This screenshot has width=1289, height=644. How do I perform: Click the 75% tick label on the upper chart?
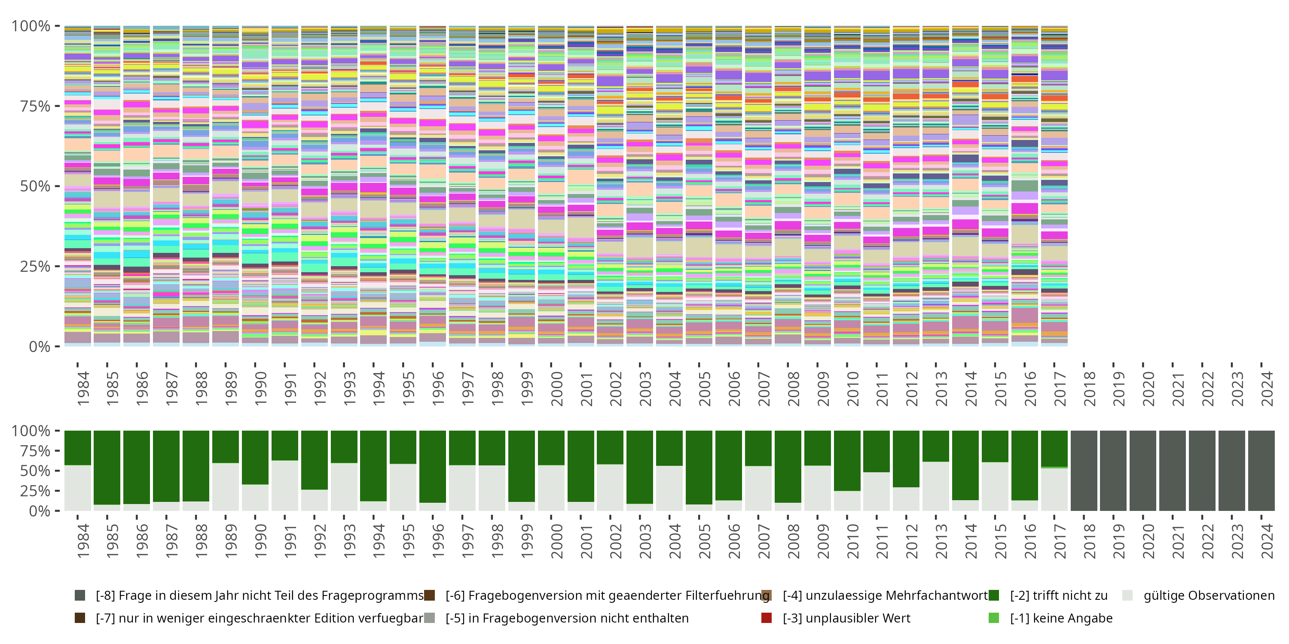(35, 106)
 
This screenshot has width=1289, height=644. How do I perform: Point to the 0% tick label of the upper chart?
(39, 346)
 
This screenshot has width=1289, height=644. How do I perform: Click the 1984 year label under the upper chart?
(83, 389)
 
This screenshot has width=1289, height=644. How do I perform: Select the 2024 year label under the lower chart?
(1267, 541)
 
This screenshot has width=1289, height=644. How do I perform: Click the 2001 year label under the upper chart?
(586, 389)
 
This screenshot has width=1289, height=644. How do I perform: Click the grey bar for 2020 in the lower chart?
(1143, 471)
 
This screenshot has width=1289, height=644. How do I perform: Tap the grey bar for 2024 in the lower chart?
(1261, 471)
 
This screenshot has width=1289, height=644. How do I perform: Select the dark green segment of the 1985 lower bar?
(107, 467)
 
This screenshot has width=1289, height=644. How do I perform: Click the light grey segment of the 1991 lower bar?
(285, 486)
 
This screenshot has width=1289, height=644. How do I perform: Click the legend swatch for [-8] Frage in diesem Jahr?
(79, 595)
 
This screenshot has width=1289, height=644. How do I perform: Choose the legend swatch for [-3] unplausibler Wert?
(766, 618)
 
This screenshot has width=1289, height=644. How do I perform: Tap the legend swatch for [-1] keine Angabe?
(994, 618)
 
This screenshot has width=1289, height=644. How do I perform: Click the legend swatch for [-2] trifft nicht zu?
(994, 595)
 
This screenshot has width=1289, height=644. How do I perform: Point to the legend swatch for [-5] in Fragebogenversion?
(429, 618)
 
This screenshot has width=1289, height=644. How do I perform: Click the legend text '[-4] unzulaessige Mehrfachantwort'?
(885, 595)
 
